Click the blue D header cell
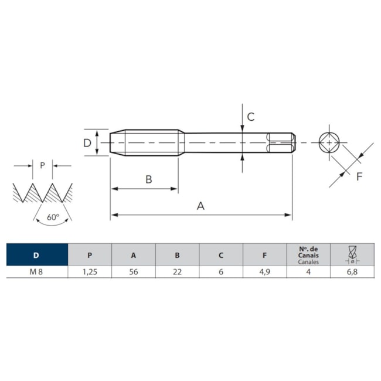(37, 254)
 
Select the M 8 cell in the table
(36, 271)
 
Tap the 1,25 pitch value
(90, 271)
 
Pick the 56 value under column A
(134, 271)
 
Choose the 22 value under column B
(178, 271)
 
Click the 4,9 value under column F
(264, 271)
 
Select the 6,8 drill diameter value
(352, 271)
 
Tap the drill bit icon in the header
(352, 254)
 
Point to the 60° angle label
(53, 217)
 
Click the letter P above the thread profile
(43, 165)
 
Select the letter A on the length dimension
(200, 206)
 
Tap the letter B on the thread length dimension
(149, 179)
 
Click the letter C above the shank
(251, 117)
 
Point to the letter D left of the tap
(87, 143)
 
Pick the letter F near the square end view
(359, 176)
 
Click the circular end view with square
(329, 142)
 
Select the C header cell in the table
(221, 254)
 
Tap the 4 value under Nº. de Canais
(308, 271)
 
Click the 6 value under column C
(221, 271)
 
